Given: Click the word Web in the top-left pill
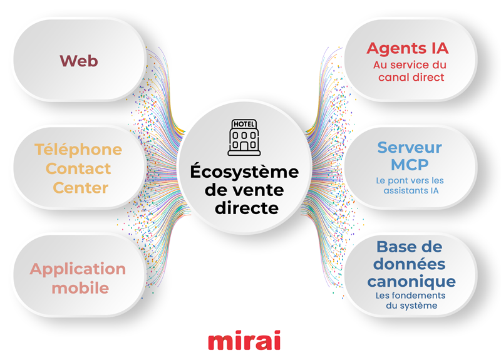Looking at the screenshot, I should point(79,61).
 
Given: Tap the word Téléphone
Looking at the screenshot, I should point(78,150).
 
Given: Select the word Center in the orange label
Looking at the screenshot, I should point(81,187).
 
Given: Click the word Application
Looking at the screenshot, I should point(78,269).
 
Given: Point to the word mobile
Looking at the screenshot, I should point(80,288).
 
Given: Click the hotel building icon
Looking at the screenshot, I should point(244,137).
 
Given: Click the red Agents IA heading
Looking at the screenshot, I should point(408,48).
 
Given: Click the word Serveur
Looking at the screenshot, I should point(409,148).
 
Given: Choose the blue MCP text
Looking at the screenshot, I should point(410,165).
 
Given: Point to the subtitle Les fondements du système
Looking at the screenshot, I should point(411,300).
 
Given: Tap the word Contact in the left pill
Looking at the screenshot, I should point(78,168).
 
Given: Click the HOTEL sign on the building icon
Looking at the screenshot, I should point(244,124).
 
